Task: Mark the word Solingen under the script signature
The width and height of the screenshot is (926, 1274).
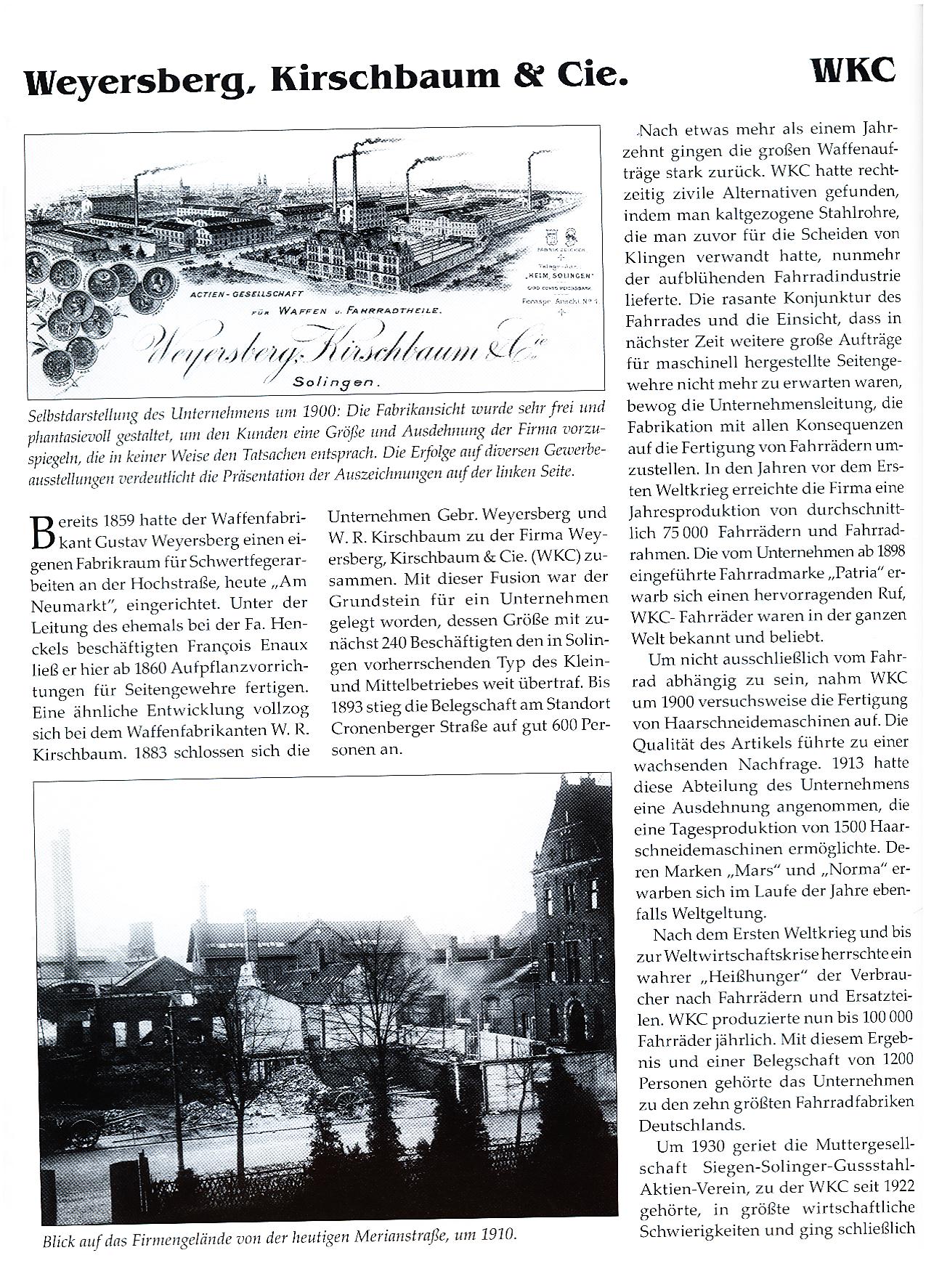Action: pos(336,381)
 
